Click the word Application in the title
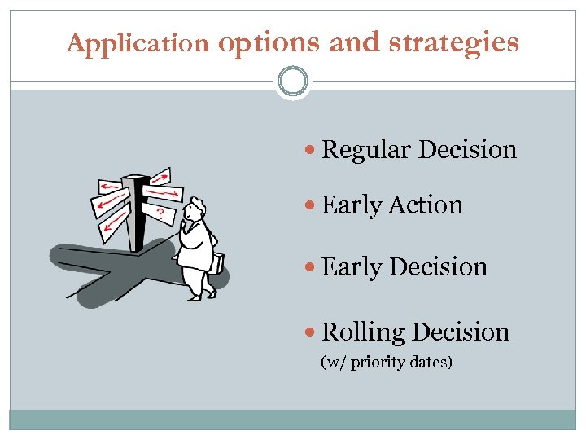click(138, 42)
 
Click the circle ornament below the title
click(293, 81)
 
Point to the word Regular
click(366, 150)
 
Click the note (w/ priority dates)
click(387, 361)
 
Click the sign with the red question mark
click(163, 214)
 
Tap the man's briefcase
click(217, 263)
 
